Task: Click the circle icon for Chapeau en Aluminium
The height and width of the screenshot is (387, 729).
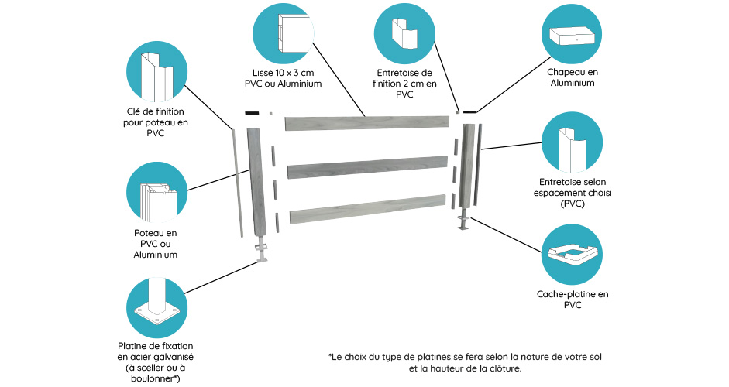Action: click(572, 34)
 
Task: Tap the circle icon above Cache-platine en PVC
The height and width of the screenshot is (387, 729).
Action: click(572, 255)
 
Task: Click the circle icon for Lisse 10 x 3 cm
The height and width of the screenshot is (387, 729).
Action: click(283, 34)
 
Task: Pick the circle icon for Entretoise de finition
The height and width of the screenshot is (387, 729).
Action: click(404, 34)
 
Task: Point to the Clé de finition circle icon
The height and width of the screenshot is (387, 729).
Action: click(156, 71)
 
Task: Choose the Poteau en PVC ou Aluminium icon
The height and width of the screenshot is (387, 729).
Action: click(156, 192)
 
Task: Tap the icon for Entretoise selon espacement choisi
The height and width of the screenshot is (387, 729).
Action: click(572, 142)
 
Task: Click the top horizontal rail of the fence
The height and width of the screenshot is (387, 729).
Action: click(367, 122)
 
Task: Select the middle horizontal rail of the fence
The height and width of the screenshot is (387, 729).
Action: click(367, 168)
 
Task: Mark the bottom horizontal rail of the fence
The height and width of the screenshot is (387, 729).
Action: click(367, 210)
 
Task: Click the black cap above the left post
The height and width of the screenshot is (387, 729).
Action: click(252, 112)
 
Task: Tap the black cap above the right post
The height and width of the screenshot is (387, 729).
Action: click(469, 111)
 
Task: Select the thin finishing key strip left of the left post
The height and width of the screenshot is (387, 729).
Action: click(237, 183)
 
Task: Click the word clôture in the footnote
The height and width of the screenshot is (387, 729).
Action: click(507, 368)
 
